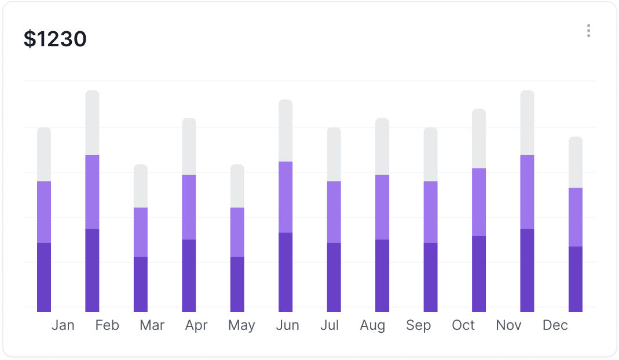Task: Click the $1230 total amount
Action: tap(55, 39)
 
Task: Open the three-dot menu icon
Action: tap(588, 31)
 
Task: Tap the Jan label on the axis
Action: tap(63, 325)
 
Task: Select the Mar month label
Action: tap(152, 325)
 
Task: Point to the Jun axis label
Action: tap(287, 325)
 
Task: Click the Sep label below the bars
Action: tap(418, 325)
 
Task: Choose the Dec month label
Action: tap(555, 325)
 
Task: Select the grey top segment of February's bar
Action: tap(92, 123)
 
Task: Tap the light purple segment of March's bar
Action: tap(141, 232)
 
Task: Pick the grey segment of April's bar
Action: tap(189, 146)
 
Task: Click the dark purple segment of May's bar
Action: tap(237, 284)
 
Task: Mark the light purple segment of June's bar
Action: tap(285, 197)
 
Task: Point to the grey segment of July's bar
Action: tap(334, 154)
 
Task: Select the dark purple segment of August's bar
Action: tap(382, 275)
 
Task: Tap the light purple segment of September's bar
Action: tap(430, 212)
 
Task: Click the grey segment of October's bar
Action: tap(479, 138)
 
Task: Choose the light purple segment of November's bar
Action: tap(527, 192)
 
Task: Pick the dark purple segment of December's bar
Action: tap(575, 278)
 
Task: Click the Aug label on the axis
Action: tap(372, 325)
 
